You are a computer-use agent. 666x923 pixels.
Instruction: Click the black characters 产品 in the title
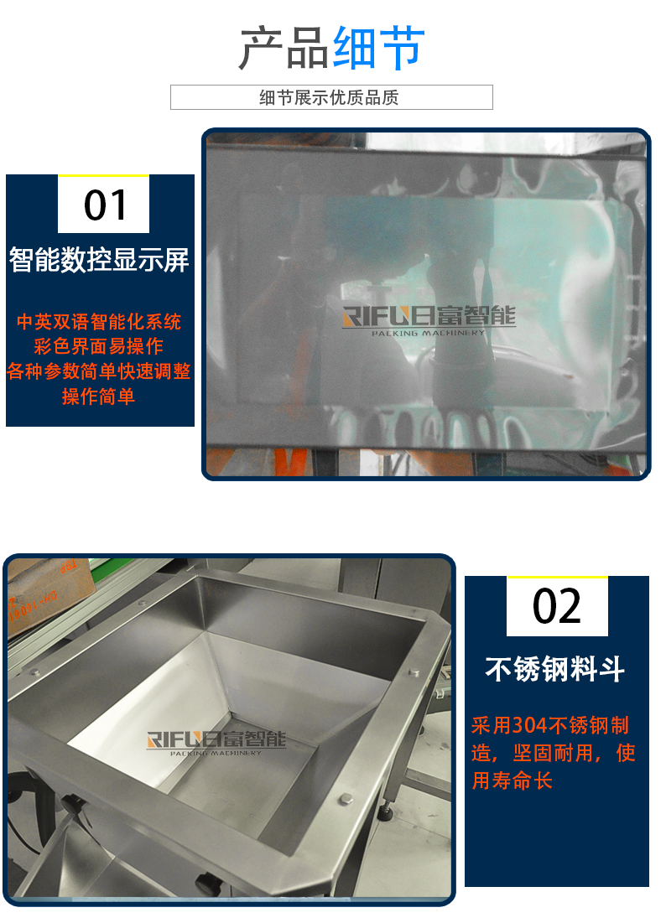[x=284, y=48]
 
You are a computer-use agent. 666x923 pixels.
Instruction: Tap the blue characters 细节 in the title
[x=378, y=48]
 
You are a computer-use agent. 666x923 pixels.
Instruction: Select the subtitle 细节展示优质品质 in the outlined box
[x=329, y=97]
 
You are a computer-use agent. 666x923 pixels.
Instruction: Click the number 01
[x=105, y=205]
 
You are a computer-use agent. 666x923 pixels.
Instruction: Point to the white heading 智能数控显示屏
[x=99, y=260]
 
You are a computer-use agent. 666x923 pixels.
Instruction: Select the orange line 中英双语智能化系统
[x=99, y=321]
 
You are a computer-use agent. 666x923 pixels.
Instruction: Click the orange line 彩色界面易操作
[x=98, y=346]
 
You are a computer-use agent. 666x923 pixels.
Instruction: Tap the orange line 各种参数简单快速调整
[x=98, y=371]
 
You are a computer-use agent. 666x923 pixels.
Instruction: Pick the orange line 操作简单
[x=98, y=397]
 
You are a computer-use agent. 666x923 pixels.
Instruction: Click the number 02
[x=556, y=607]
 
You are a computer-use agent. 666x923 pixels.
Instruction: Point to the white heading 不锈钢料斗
[x=554, y=669]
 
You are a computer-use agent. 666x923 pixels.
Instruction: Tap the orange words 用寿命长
[x=512, y=780]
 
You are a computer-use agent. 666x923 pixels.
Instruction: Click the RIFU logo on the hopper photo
[x=216, y=743]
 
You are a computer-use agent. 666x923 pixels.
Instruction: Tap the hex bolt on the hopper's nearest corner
[x=346, y=799]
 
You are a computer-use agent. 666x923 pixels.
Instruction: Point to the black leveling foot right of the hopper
[x=386, y=812]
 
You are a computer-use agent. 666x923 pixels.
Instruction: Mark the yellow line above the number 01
[x=104, y=175]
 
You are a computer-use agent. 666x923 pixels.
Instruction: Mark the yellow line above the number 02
[x=557, y=578]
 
